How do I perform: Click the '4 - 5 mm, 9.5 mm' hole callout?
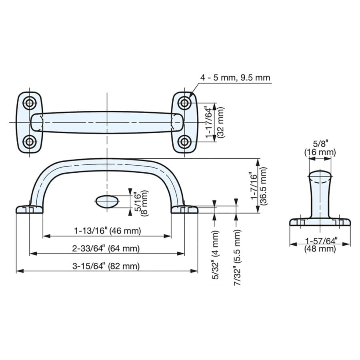coord(235,78)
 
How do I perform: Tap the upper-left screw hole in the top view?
coord(29,103)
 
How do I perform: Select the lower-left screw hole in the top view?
coord(29,142)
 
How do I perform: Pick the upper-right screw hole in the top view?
coord(184,103)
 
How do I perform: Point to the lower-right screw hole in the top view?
coord(184,142)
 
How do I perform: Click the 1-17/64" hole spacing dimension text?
coord(209,122)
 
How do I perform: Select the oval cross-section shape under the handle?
coord(107,201)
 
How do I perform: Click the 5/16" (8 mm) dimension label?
coord(140,202)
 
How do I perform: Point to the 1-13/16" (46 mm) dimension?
coord(108,230)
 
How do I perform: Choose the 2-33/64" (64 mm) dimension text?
coord(106,248)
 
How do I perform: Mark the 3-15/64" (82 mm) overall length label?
coord(106,266)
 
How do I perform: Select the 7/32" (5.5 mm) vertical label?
coord(237,257)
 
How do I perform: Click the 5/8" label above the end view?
coord(320,144)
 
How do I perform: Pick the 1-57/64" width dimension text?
coord(321,241)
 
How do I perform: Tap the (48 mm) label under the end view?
coord(320,248)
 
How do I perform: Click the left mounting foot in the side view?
coord(29,209)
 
